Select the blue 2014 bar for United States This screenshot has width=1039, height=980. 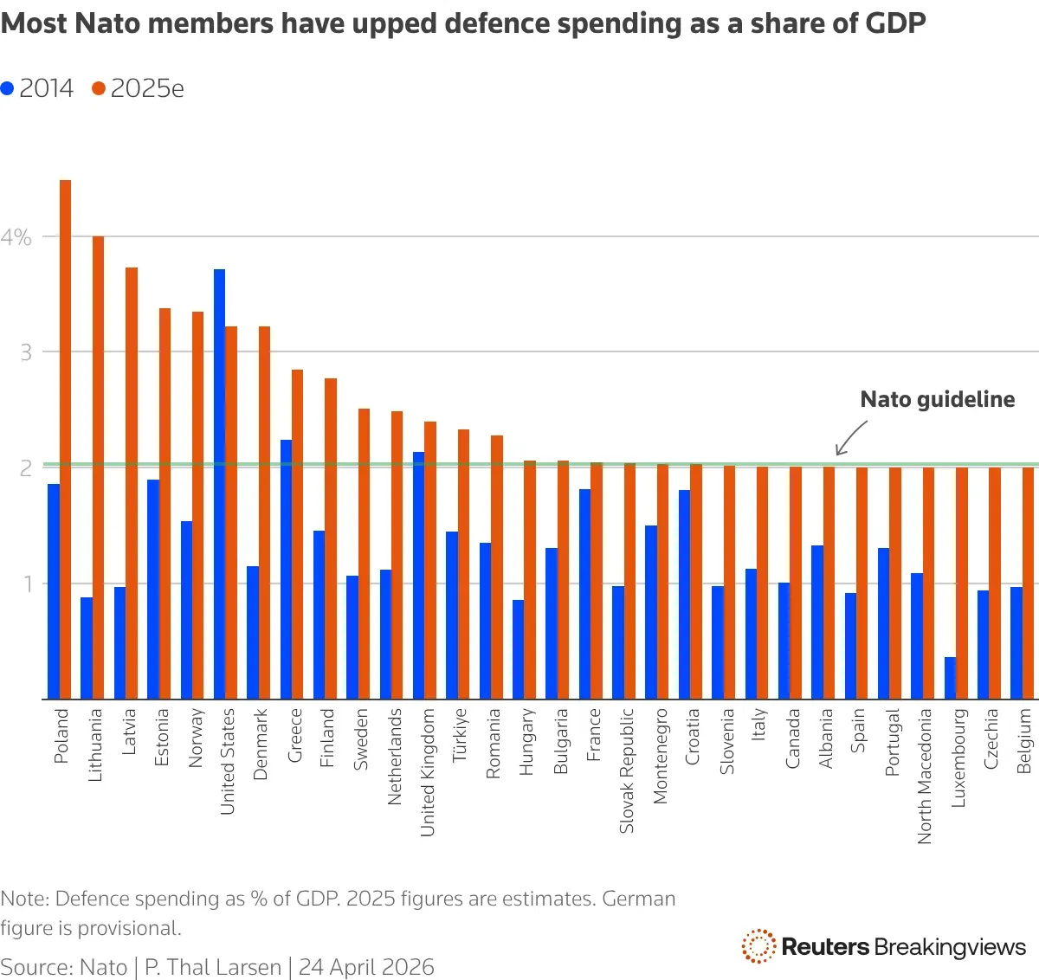[x=219, y=484]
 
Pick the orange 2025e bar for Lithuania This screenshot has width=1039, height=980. [x=98, y=467]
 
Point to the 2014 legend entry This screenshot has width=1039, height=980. [x=38, y=88]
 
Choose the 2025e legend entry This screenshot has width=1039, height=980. [x=138, y=88]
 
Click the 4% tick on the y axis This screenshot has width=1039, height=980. [x=16, y=237]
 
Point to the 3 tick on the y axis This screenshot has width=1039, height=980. [x=26, y=352]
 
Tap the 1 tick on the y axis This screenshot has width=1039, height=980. [x=27, y=583]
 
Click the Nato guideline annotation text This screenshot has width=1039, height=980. [x=937, y=399]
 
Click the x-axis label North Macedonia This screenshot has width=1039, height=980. [x=925, y=776]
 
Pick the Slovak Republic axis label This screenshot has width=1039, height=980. [x=627, y=770]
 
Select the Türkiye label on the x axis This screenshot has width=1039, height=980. [x=460, y=735]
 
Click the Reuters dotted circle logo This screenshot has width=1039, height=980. [x=758, y=946]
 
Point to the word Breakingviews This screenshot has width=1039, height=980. [x=950, y=947]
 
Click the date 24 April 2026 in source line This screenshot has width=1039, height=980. [x=366, y=967]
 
